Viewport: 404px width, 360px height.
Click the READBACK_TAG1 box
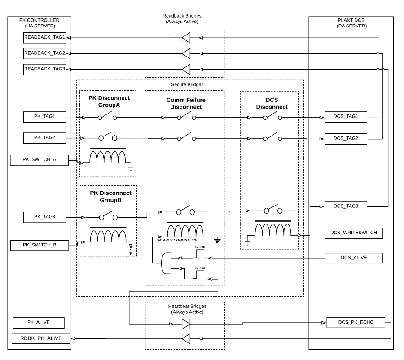point(45,38)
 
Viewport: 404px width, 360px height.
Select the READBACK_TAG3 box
point(45,69)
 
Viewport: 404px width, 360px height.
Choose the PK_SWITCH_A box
point(40,159)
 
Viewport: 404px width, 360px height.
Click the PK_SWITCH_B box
point(40,246)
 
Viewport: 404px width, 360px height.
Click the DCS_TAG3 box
point(346,206)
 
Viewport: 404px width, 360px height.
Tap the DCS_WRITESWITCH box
point(354,233)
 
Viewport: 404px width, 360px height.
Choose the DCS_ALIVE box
point(354,258)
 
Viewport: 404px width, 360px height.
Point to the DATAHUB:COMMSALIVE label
point(176,241)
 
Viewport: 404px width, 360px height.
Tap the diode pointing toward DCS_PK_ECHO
point(186,323)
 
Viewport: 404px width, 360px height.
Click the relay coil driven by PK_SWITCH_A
point(108,157)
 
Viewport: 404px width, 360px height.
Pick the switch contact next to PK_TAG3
point(108,216)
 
